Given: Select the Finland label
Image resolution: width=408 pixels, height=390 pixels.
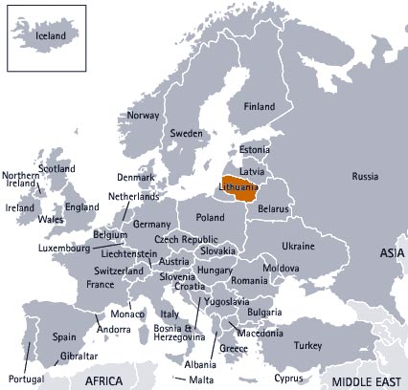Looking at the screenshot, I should tap(260, 106).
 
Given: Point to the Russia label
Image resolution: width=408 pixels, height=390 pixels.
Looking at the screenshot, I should tap(365, 177).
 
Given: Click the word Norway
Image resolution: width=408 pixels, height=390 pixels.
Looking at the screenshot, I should tap(143, 116).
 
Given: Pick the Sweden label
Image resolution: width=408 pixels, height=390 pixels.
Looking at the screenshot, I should tap(187, 134).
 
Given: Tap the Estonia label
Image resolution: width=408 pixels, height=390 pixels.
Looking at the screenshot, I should tap(255, 150).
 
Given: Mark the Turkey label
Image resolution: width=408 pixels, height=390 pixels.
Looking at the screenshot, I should tap(309, 345).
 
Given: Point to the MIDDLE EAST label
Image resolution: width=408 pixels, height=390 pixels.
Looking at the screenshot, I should tap(363, 381).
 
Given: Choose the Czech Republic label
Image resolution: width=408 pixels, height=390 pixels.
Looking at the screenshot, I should tap(186, 239).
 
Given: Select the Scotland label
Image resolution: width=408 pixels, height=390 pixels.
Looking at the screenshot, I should tap(57, 169).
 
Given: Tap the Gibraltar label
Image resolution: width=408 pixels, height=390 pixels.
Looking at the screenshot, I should tap(79, 356).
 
